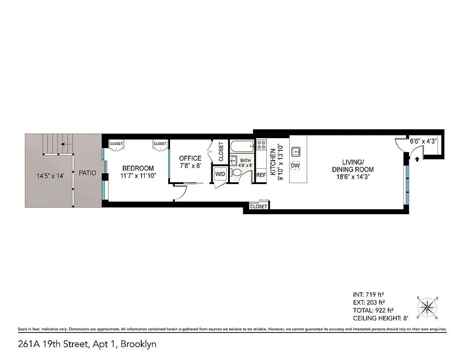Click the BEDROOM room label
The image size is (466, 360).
click(x=138, y=168)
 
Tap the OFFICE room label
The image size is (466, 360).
click(x=190, y=158)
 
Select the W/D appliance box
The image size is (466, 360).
click(x=220, y=174)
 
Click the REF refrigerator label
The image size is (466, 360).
click(x=261, y=175)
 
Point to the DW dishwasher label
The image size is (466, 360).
click(x=295, y=166)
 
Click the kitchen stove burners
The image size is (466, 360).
click(x=261, y=145)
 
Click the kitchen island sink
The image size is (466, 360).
click(x=296, y=151)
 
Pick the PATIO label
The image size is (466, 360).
click(x=87, y=172)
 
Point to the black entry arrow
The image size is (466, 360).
click(x=417, y=158)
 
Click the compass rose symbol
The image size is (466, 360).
click(x=428, y=308)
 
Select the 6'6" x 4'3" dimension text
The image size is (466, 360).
click(x=423, y=141)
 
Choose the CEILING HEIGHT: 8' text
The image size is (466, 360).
click(x=381, y=318)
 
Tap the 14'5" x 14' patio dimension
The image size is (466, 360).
click(x=51, y=176)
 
